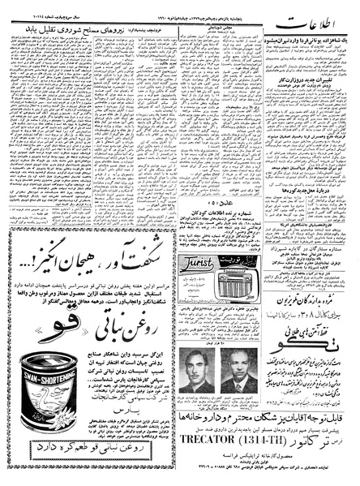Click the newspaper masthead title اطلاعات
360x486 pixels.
[x=324, y=17]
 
